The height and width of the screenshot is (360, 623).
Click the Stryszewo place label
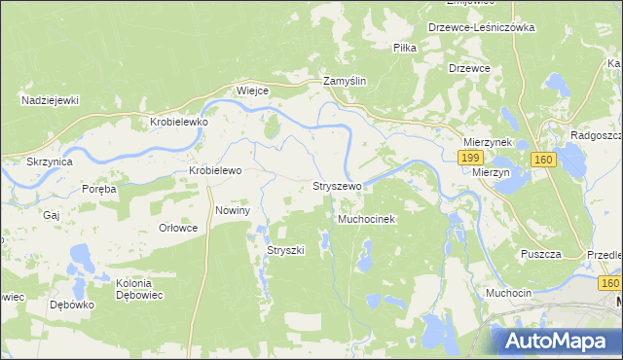click(x=337, y=185)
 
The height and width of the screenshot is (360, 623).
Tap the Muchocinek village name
click(x=366, y=220)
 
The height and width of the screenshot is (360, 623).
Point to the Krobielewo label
click(x=214, y=169)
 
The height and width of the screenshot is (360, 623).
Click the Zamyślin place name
click(x=345, y=83)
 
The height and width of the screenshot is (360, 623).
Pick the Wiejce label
click(x=252, y=90)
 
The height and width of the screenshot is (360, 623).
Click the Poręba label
click(x=98, y=189)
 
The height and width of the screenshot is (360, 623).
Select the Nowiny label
click(x=233, y=210)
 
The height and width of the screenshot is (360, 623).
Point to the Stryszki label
click(x=286, y=250)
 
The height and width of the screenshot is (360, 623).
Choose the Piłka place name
click(x=405, y=48)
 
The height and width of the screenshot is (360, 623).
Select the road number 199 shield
click(x=471, y=158)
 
